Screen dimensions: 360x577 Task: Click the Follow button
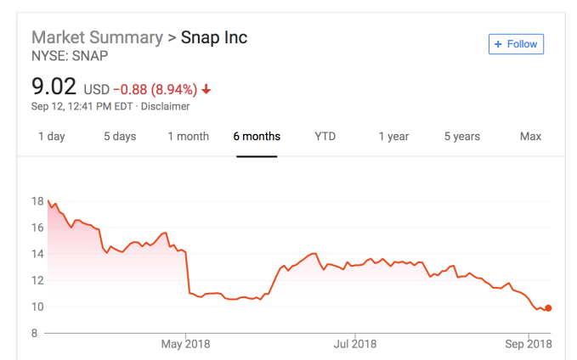[516, 44]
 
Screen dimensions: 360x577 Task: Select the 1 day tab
[51, 136]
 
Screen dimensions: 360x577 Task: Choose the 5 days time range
[119, 136]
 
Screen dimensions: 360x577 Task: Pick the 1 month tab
[188, 136]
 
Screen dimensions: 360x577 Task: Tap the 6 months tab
[257, 136]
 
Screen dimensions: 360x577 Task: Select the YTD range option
[325, 136]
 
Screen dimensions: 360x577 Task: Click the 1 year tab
[393, 136]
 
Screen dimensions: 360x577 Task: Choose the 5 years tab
[461, 136]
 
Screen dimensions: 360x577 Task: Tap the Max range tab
[530, 136]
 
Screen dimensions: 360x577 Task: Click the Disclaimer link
[167, 107]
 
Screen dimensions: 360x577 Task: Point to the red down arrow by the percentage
[206, 89]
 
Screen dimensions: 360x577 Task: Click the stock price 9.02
[54, 87]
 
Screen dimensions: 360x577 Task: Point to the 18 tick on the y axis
[37, 201]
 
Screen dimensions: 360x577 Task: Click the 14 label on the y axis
[37, 254]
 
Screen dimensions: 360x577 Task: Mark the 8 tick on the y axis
[37, 333]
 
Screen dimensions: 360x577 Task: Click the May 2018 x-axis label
[185, 344]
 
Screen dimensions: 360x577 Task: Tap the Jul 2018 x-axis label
[354, 344]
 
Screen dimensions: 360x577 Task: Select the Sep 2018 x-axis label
[527, 344]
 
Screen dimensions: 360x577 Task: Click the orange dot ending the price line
[549, 308]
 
